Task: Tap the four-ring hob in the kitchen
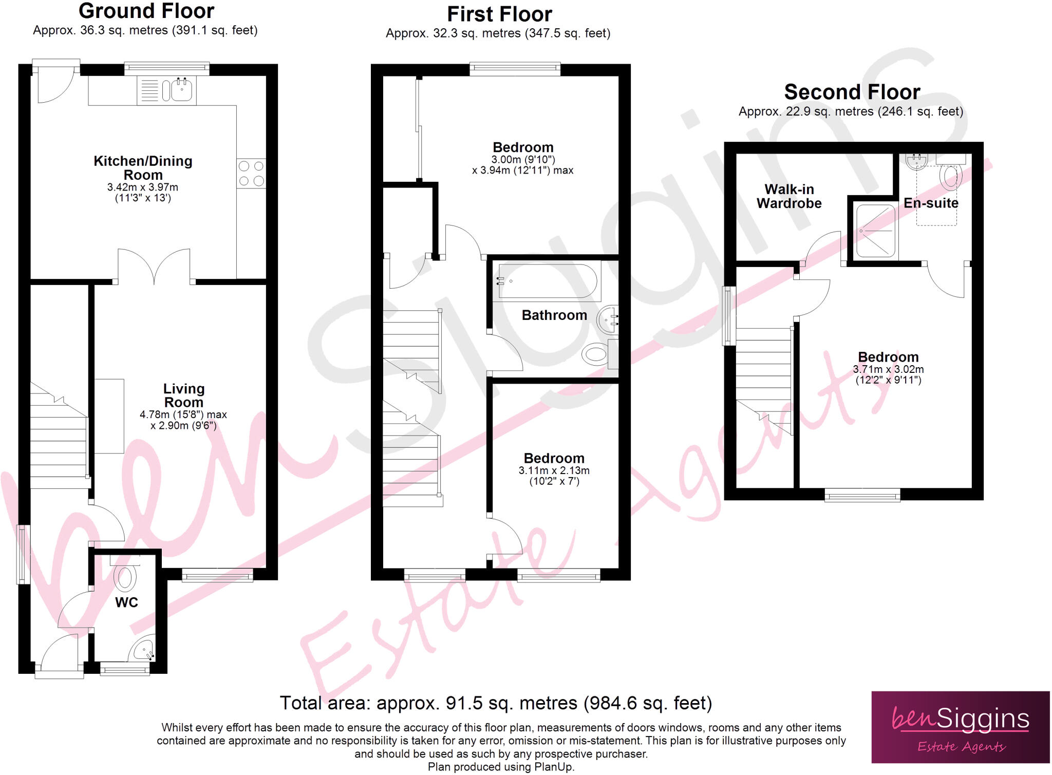[x=251, y=173]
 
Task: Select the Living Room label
[x=183, y=395]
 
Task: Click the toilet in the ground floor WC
[x=125, y=578]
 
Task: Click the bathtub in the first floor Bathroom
[x=548, y=281]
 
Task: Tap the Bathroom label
[x=554, y=315]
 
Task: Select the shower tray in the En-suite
[x=875, y=231]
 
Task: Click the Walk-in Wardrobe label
[x=788, y=196]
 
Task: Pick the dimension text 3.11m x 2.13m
[x=554, y=470]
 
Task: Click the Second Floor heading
[x=852, y=92]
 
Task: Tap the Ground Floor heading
[x=146, y=11]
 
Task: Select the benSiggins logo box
[x=960, y=727]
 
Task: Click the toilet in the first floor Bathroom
[x=596, y=354]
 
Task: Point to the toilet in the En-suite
[x=951, y=176]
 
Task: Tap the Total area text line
[x=496, y=703]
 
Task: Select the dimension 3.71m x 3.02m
[x=888, y=369]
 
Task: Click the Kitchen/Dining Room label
[x=143, y=168]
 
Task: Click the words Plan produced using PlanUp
[x=501, y=767]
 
